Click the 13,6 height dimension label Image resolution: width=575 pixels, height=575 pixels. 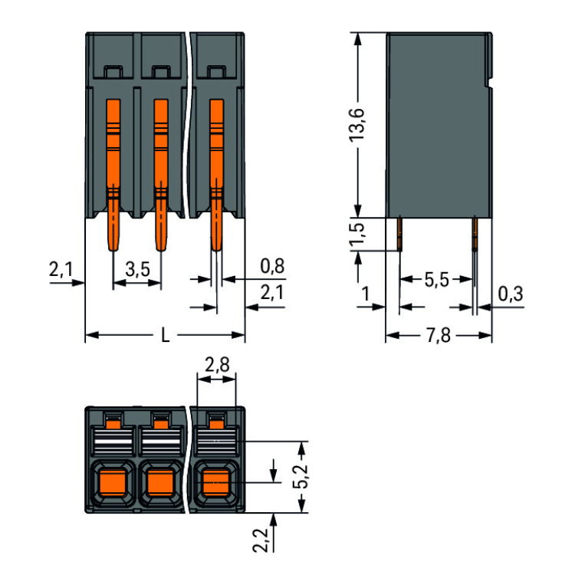point(357,123)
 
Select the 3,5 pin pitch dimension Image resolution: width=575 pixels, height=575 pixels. point(137,268)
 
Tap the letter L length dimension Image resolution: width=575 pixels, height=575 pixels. point(166,335)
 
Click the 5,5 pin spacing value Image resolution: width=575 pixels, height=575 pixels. point(436,280)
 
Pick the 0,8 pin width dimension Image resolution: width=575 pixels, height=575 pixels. point(272,266)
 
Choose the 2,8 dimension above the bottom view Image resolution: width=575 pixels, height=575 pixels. point(217,365)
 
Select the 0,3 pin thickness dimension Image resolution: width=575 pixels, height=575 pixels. point(511,294)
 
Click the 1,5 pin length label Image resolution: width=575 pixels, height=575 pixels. point(357,235)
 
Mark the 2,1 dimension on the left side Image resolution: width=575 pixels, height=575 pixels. point(61,269)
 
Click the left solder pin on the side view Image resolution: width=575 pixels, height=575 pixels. point(399,234)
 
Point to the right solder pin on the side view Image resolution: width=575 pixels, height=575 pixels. point(474,234)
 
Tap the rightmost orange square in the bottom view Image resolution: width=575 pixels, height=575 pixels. point(217,482)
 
